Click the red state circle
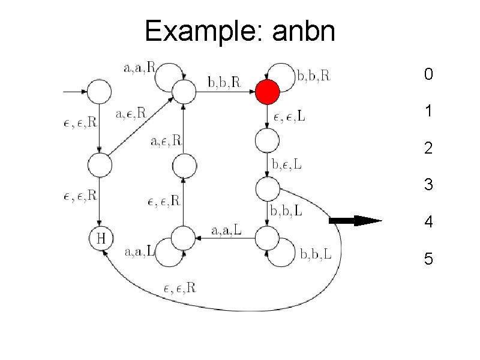tap(267, 93)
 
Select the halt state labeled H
tap(101, 239)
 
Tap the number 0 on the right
tap(427, 75)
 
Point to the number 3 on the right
tap(428, 185)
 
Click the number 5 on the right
tap(428, 259)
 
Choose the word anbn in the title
tap(303, 31)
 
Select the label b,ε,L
tap(287, 164)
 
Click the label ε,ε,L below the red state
tap(290, 116)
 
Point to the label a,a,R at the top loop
tap(139, 68)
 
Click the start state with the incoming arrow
tap(100, 92)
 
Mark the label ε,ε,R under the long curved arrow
tap(179, 287)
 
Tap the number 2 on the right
tap(428, 148)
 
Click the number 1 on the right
tap(428, 111)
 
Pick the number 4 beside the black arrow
tap(428, 223)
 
